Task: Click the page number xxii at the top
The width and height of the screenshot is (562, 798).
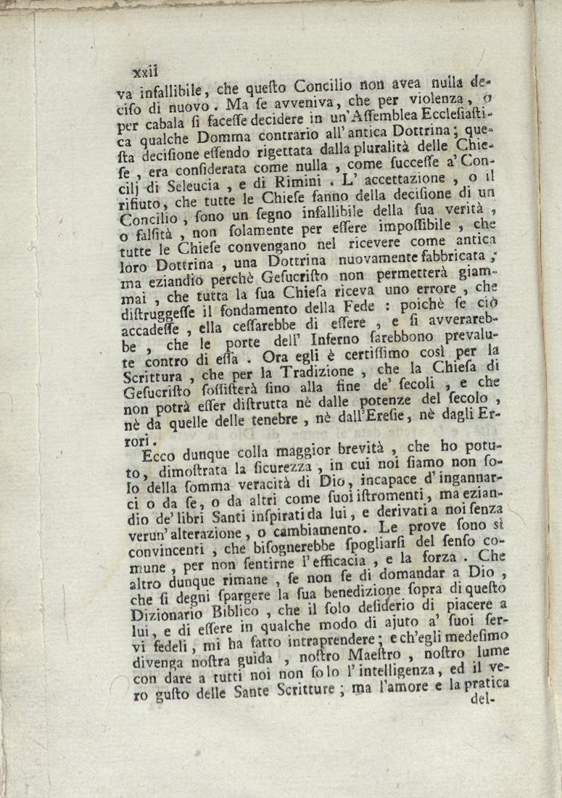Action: coord(146,71)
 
